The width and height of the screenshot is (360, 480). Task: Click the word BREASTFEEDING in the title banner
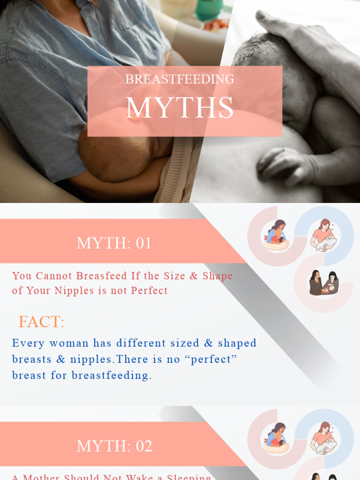(180, 79)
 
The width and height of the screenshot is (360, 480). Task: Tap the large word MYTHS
(180, 108)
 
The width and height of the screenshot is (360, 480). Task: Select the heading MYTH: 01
(114, 243)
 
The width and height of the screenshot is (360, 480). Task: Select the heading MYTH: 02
(114, 446)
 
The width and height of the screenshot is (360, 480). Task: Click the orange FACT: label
(41, 322)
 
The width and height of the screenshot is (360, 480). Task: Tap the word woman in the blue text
(69, 343)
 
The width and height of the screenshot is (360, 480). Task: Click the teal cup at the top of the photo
(209, 9)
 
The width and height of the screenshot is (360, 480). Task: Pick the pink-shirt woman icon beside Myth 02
(324, 438)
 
